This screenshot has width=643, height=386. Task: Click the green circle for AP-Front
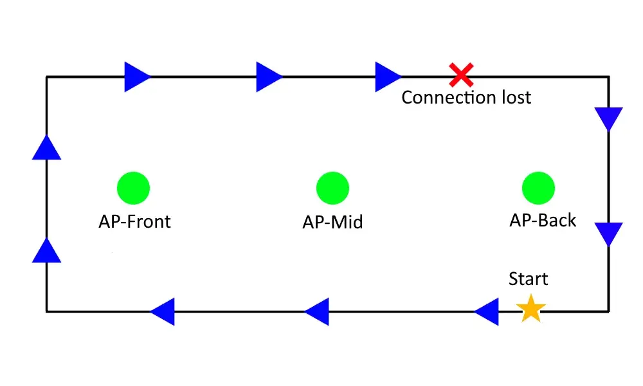(133, 188)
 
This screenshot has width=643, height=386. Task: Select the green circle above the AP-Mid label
(332, 188)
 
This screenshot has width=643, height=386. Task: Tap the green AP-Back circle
(538, 188)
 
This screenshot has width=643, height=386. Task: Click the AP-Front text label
(134, 221)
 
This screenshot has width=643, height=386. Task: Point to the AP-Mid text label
(332, 222)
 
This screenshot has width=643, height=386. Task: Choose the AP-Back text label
(543, 220)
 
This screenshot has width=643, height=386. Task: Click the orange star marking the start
(531, 308)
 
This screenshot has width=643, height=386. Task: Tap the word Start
(528, 279)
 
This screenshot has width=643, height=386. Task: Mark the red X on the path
(461, 75)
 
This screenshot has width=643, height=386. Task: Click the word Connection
(449, 97)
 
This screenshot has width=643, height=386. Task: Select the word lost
(517, 97)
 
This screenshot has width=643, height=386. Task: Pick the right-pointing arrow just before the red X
(388, 77)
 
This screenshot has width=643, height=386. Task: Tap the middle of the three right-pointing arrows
(269, 77)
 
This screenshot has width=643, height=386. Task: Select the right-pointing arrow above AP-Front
(138, 77)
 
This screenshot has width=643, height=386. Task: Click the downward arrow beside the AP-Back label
(609, 234)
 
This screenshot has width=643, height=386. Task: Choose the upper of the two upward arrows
(47, 147)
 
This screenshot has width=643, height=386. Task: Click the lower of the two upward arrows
(47, 250)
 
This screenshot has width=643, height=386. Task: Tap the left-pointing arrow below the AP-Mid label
(316, 312)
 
